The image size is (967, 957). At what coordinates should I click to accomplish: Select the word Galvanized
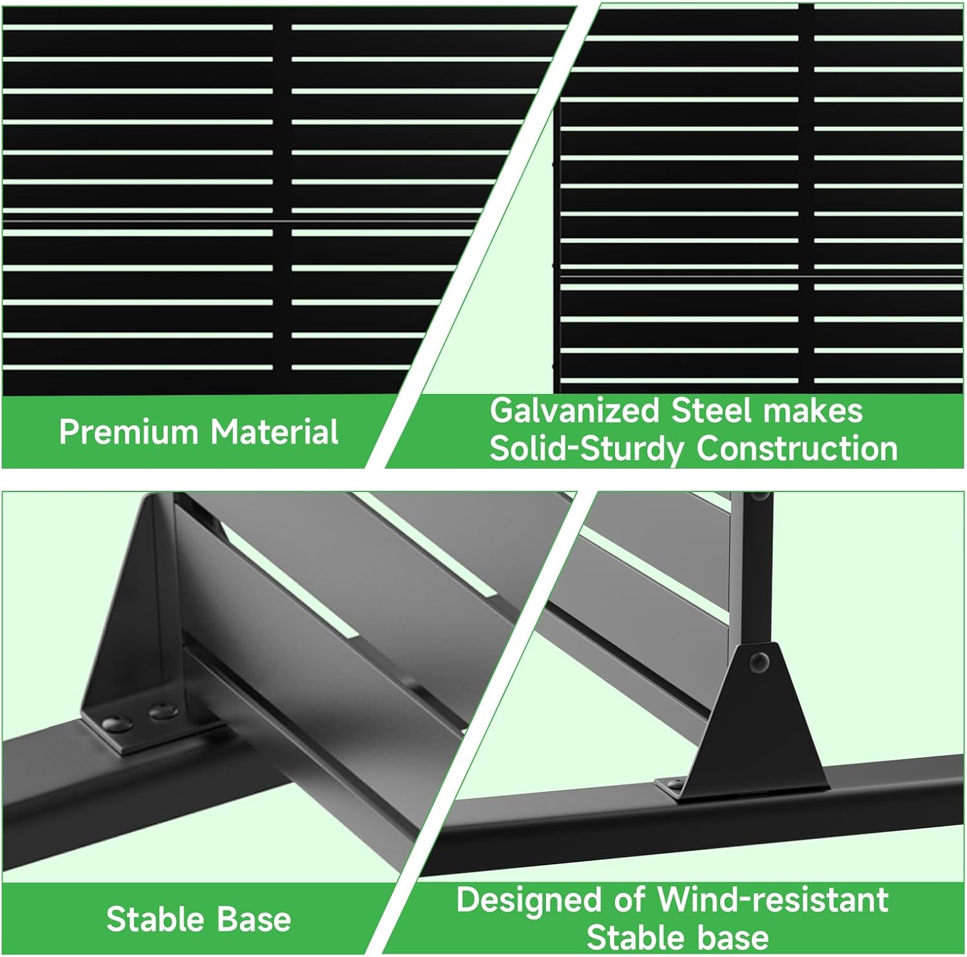coord(574,411)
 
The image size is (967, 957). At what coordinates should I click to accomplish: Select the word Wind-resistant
coord(773,900)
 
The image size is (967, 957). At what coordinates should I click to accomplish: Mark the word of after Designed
coord(629,900)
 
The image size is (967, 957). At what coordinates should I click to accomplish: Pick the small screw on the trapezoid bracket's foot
coord(675,785)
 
